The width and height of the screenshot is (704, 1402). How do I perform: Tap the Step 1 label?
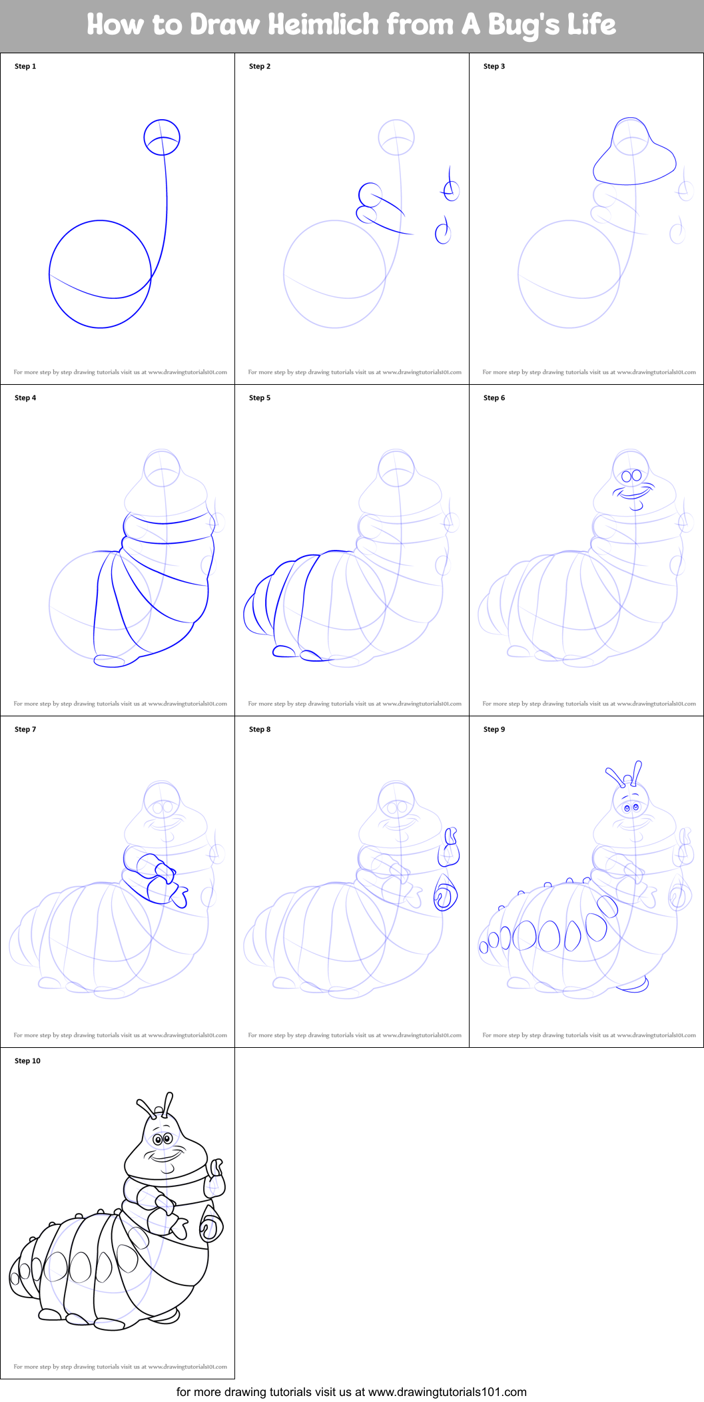pyautogui.click(x=25, y=67)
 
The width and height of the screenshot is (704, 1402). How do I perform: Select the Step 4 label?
pyautogui.click(x=25, y=398)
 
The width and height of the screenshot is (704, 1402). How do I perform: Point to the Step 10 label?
pyautogui.click(x=27, y=1061)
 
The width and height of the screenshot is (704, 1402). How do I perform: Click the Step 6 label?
pyautogui.click(x=494, y=398)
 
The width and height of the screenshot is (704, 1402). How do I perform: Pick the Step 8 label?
pyautogui.click(x=260, y=730)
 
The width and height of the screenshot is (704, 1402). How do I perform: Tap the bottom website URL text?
pyautogui.click(x=448, y=1392)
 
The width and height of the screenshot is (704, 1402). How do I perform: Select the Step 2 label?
pyautogui.click(x=260, y=67)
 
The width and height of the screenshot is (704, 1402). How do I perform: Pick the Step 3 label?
pyautogui.click(x=494, y=67)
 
